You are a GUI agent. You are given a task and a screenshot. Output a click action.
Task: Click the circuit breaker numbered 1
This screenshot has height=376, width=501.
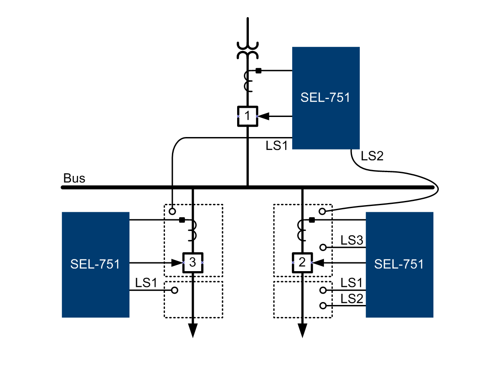click(x=248, y=116)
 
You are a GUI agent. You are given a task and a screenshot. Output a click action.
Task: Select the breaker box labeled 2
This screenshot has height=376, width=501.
click(x=302, y=262)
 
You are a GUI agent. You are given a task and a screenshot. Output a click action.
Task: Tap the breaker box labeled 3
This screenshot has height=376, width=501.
click(x=192, y=262)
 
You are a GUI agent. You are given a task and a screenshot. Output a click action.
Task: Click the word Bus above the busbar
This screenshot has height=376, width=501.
click(x=74, y=178)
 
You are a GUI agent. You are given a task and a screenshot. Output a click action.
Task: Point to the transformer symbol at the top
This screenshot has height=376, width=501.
click(x=248, y=50)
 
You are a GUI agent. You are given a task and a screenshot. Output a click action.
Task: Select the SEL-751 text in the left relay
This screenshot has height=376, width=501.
click(x=95, y=264)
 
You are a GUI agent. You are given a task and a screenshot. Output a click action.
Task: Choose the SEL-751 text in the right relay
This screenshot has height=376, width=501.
click(x=399, y=264)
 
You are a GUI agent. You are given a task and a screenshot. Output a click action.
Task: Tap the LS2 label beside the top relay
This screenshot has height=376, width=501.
click(x=372, y=156)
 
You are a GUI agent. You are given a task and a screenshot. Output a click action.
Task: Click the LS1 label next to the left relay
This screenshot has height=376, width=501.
click(x=146, y=283)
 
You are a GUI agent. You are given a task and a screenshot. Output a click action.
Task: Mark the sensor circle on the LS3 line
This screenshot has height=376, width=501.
click(x=322, y=247)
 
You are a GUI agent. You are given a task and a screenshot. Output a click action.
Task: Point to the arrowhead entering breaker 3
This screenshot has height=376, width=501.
click(x=178, y=263)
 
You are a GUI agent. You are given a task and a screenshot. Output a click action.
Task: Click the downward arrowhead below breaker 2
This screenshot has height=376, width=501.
click(x=302, y=330)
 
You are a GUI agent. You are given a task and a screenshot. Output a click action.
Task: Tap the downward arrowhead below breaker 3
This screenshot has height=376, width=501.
click(x=192, y=330)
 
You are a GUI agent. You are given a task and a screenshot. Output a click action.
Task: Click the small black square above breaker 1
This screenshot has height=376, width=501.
click(x=258, y=71)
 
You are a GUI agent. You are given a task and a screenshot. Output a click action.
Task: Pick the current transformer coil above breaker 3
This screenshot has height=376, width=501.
click(x=192, y=231)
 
